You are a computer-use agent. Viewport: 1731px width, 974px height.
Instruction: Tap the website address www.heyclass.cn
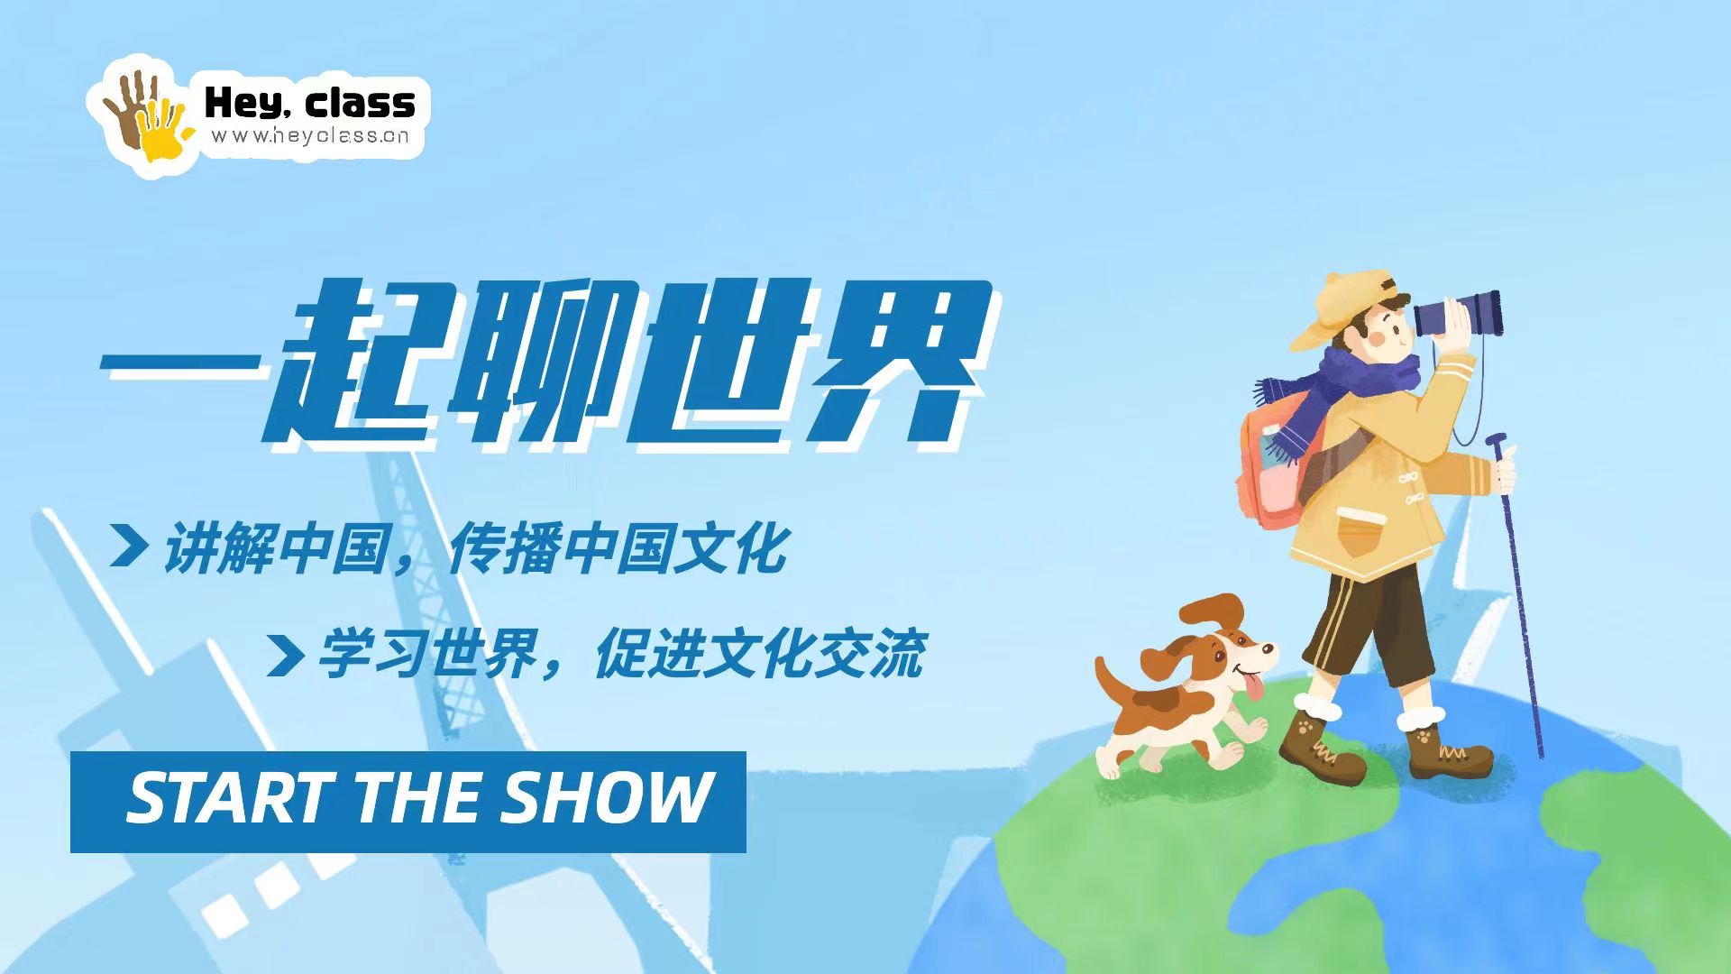pos(310,136)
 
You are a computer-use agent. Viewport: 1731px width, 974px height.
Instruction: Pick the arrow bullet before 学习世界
pos(285,654)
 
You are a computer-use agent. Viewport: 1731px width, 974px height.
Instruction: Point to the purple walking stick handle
pos(1497,442)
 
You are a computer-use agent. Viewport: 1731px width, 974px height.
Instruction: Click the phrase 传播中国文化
pos(618,548)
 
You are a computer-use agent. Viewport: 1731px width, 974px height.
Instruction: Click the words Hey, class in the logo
pos(310,104)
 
